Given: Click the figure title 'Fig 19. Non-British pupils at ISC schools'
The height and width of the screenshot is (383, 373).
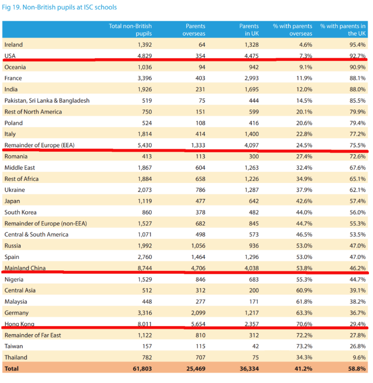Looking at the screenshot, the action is (x=59, y=8).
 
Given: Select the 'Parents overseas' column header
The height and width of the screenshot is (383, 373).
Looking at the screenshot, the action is (x=194, y=30).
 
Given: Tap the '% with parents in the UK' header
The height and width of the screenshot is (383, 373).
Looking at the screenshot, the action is (x=343, y=30).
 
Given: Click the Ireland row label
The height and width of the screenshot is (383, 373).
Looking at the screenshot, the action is (x=14, y=45).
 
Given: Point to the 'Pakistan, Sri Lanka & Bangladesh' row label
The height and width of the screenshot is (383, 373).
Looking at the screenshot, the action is (x=47, y=101).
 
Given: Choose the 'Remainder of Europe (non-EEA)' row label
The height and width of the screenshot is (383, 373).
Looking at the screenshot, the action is (x=46, y=224).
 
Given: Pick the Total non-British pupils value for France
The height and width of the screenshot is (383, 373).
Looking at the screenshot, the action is (x=145, y=78).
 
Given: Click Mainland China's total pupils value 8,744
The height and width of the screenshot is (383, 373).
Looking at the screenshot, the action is (x=145, y=268).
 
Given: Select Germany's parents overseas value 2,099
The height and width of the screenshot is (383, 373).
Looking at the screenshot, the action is (x=198, y=313).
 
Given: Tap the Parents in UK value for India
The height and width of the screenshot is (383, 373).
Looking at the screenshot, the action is (x=252, y=89).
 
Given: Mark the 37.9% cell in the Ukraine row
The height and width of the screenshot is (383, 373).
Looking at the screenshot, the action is (x=304, y=190).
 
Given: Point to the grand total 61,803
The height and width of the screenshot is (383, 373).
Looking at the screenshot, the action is (x=142, y=368).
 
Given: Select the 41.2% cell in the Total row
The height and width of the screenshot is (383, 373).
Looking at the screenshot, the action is (x=304, y=368).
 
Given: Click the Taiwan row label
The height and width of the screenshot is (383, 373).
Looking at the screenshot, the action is (x=14, y=346).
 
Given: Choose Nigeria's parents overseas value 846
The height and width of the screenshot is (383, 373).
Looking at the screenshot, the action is (x=200, y=279).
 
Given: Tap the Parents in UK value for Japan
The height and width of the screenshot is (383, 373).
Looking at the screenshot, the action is (x=254, y=201).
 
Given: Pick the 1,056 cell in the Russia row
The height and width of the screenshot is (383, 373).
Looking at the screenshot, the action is (x=198, y=246).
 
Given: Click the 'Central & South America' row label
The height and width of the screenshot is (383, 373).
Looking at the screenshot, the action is (x=36, y=235).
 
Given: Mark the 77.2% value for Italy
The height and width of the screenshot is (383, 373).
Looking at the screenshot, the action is (x=357, y=134).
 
